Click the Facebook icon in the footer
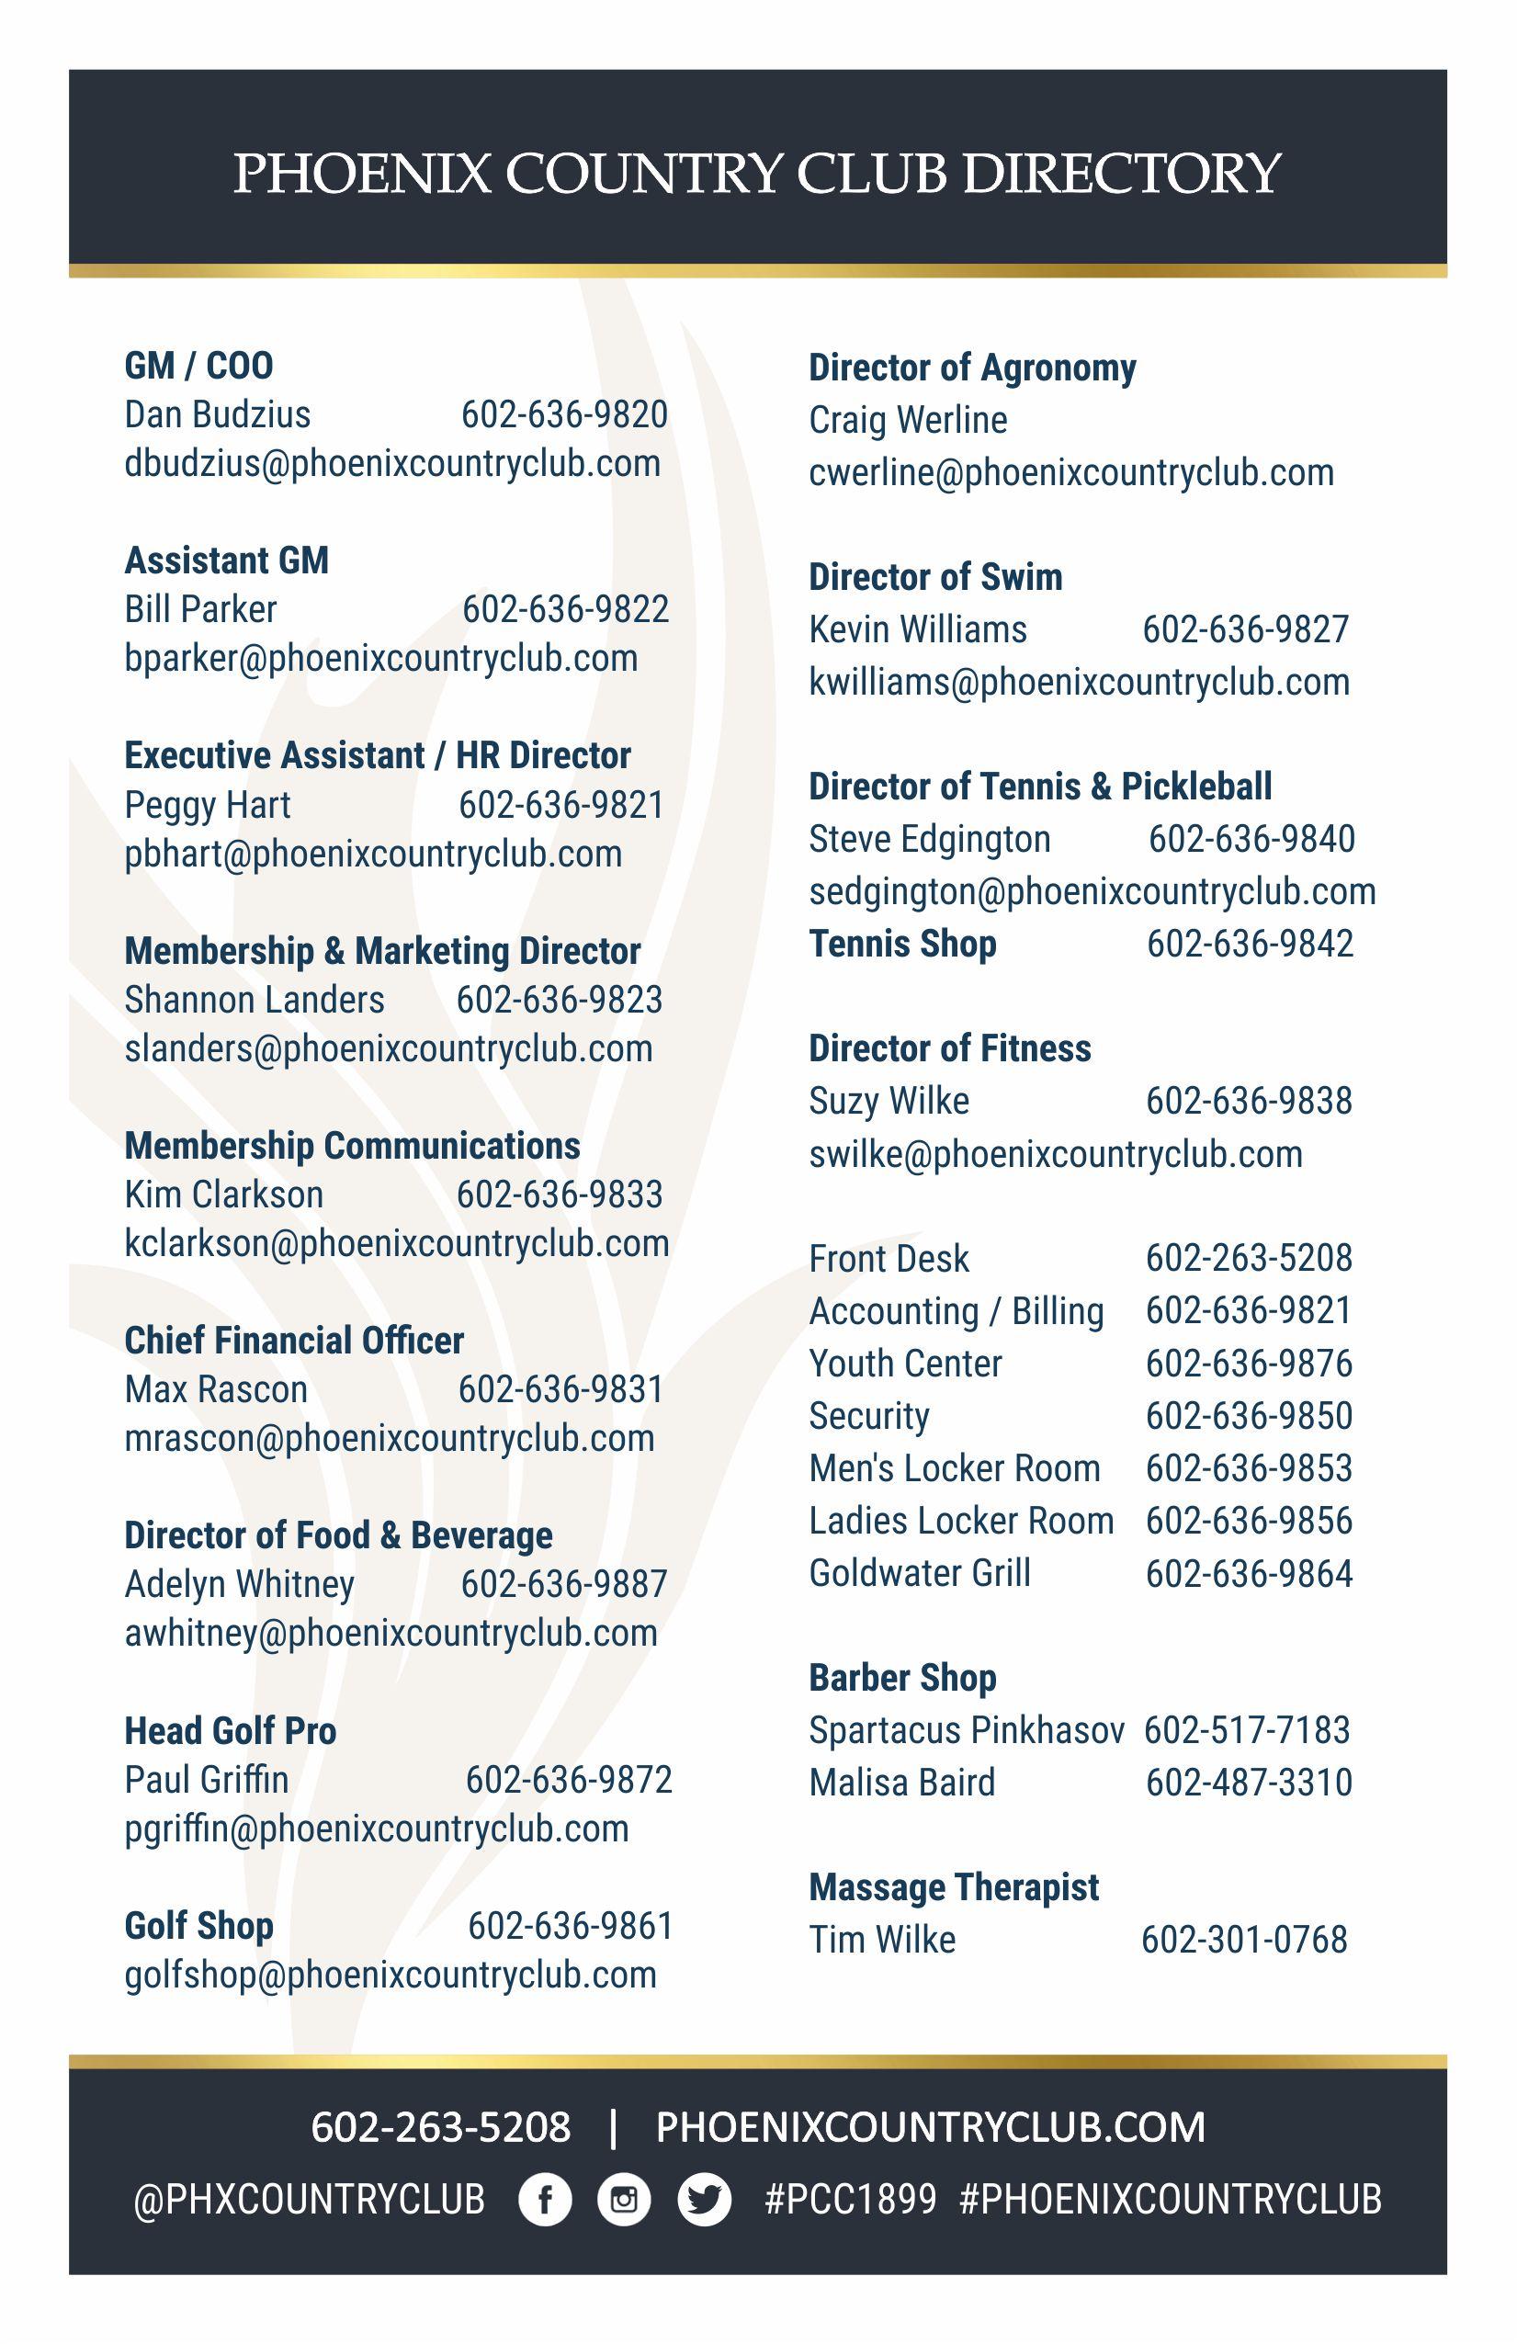pyautogui.click(x=545, y=2199)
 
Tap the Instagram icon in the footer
pyautogui.click(x=624, y=2199)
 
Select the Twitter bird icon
pyautogui.click(x=705, y=2199)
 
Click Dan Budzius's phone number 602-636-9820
pyautogui.click(x=564, y=414)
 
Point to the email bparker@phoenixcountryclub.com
pyautogui.click(x=381, y=658)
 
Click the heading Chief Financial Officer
pyautogui.click(x=293, y=1340)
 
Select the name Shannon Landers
pyautogui.click(x=255, y=1000)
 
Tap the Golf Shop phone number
pyautogui.click(x=571, y=1925)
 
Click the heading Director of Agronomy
pyautogui.click(x=972, y=368)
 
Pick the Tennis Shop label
pyautogui.click(x=902, y=944)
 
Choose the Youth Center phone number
pyautogui.click(x=1249, y=1363)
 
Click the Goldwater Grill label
pyautogui.click(x=920, y=1573)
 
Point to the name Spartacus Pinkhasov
pyautogui.click(x=967, y=1729)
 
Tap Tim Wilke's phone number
pyautogui.click(x=1244, y=1939)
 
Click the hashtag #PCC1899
pyautogui.click(x=850, y=2199)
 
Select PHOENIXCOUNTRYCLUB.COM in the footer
pyautogui.click(x=931, y=2127)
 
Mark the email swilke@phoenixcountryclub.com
pyautogui.click(x=1056, y=1153)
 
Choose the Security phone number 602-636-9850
pyautogui.click(x=1249, y=1415)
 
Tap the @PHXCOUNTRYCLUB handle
pyautogui.click(x=310, y=2199)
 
